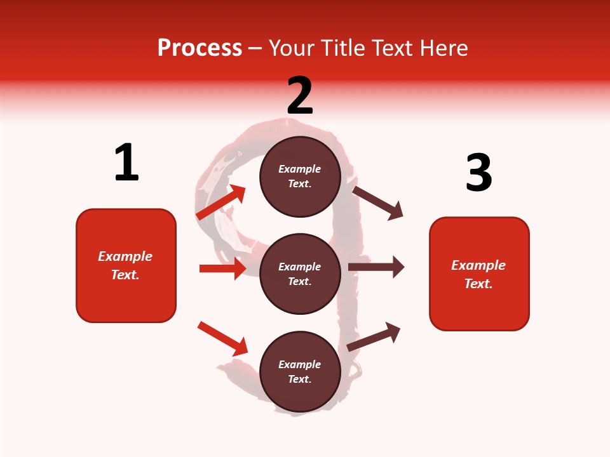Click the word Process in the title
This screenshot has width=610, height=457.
[200, 48]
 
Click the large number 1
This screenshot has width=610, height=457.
[126, 162]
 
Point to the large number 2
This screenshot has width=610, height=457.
[300, 95]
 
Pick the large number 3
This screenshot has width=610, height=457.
[478, 173]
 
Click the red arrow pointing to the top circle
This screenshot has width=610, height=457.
[220, 202]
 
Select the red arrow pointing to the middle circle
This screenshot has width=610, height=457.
[222, 268]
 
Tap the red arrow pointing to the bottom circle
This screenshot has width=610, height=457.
[222, 338]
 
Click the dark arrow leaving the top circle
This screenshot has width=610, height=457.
[378, 202]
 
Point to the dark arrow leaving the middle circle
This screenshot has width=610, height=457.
[376, 267]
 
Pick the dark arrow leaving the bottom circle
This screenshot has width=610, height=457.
[374, 336]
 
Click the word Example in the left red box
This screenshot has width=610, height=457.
[125, 256]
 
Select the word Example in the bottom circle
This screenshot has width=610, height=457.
[300, 364]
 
